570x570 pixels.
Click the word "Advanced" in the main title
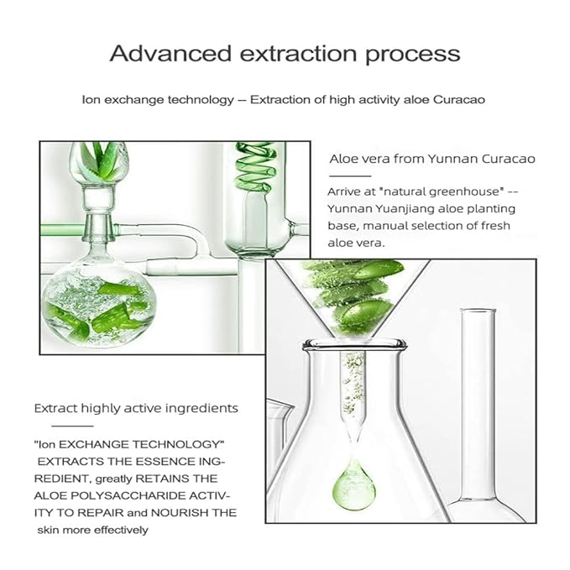170,54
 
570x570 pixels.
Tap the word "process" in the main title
412,55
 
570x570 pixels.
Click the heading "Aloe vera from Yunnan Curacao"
432,159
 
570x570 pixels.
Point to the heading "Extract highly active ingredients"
136,409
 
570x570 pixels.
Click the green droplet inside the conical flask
353,486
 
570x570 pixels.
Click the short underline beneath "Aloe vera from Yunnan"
350,176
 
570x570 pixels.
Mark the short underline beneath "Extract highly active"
72,426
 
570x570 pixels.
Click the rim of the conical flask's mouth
353,343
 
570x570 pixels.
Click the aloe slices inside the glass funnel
354,296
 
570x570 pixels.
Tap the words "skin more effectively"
92,530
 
